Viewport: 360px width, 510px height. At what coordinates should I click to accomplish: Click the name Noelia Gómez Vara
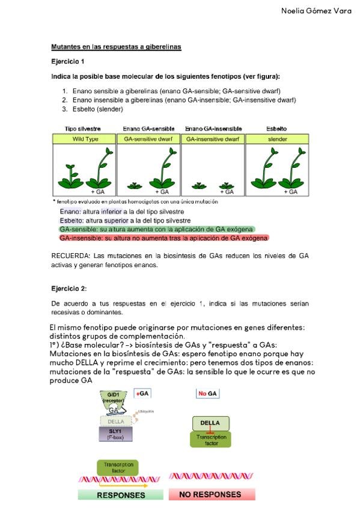[x=316, y=11]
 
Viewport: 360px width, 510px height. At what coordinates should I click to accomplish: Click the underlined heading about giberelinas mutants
[x=116, y=46]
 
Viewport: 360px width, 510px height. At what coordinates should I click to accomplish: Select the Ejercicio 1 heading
[x=67, y=61]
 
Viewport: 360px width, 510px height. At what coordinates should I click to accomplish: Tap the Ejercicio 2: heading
[x=69, y=289]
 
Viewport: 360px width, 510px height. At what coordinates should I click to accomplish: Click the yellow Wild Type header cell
[x=84, y=139]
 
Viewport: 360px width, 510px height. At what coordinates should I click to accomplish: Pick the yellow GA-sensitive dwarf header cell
[x=148, y=139]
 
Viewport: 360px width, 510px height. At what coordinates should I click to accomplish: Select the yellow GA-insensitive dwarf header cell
[x=213, y=139]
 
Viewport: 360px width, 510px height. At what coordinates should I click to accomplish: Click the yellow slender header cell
[x=277, y=139]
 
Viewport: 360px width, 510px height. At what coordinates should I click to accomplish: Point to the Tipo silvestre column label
[x=82, y=129]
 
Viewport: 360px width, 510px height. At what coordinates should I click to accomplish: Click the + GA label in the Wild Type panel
[x=98, y=192]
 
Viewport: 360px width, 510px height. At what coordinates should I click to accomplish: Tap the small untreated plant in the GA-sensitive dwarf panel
[x=135, y=185]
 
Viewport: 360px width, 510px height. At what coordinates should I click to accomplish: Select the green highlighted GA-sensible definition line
[x=156, y=229]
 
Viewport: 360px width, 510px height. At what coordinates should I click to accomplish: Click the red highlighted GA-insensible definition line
[x=164, y=238]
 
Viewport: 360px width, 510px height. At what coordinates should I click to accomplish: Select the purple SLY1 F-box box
[x=115, y=434]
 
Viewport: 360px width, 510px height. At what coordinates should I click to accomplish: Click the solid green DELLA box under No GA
[x=210, y=423]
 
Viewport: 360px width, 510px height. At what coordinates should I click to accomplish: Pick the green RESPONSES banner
[x=121, y=495]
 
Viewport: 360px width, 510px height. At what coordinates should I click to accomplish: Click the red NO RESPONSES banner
[x=212, y=494]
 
